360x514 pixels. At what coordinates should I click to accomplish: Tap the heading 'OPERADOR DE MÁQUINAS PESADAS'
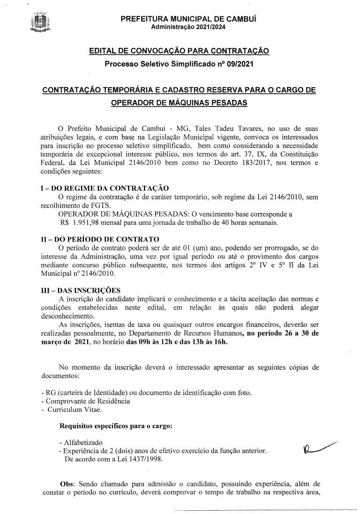pyautogui.click(x=179, y=103)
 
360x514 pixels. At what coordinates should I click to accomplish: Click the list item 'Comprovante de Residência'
pyautogui.click(x=87, y=401)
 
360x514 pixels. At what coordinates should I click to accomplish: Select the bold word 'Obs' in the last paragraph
pyautogui.click(x=68, y=483)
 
